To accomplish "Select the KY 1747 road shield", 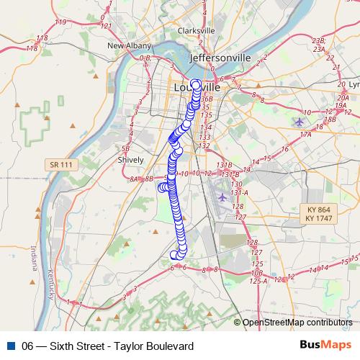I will (x=318, y=217).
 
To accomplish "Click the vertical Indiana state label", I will (x=34, y=257).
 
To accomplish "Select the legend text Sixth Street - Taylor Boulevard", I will (x=108, y=346).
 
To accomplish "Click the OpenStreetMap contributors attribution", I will (x=297, y=323).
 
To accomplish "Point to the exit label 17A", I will (x=306, y=133).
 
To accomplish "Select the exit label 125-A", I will (x=258, y=281).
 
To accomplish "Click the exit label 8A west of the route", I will (x=134, y=178).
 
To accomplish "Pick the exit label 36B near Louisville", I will (x=207, y=98).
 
